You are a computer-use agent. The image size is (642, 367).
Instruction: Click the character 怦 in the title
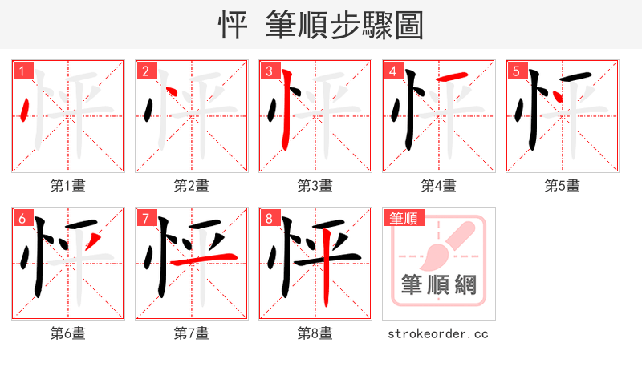[234, 25]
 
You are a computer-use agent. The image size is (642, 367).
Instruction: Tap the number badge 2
[145, 71]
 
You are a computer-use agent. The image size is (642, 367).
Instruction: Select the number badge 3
[269, 71]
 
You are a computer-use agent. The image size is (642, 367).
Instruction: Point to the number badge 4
[392, 71]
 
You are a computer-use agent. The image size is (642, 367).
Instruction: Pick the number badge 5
[516, 71]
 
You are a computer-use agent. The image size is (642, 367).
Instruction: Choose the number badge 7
[145, 218]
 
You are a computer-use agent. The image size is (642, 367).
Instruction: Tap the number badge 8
[269, 218]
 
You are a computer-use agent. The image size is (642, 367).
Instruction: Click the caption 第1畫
[68, 186]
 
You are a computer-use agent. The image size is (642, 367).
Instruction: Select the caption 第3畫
[315, 186]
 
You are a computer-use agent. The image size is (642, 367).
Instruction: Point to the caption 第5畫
[563, 186]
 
